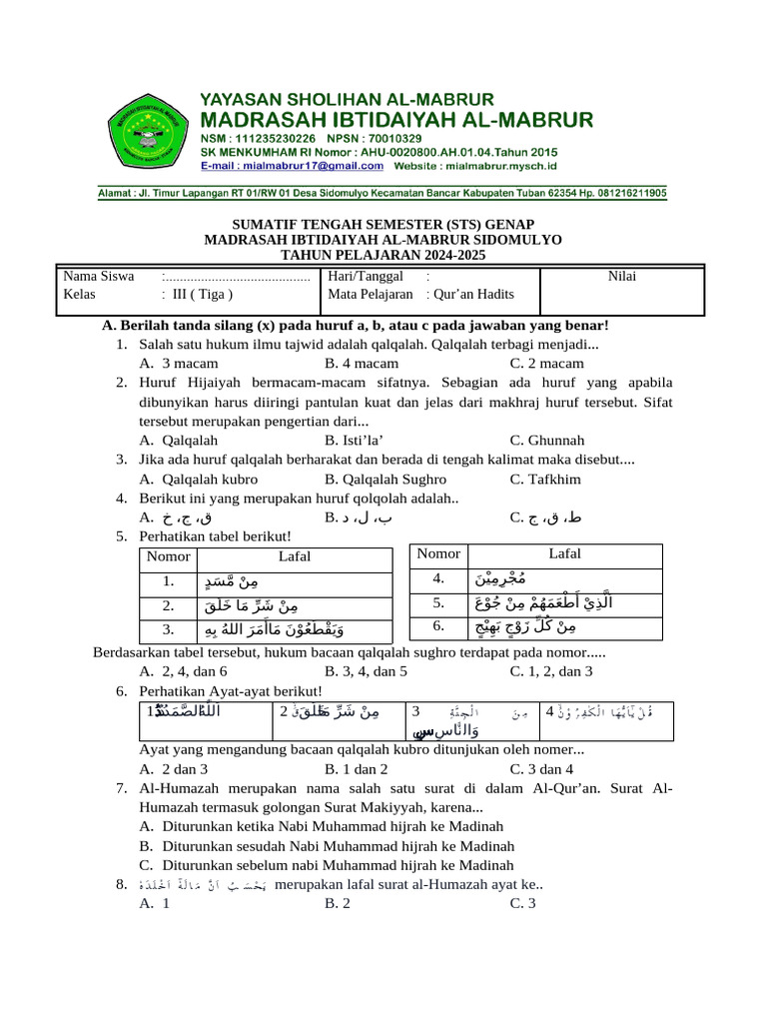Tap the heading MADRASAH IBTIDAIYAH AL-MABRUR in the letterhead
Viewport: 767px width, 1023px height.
pos(397,119)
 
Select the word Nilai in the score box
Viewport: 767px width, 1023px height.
pos(622,276)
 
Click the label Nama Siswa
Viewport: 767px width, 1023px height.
pos(99,276)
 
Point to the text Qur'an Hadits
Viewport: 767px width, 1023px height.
pos(473,295)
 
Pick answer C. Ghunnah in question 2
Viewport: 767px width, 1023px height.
pos(546,440)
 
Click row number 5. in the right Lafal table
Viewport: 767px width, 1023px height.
pos(437,603)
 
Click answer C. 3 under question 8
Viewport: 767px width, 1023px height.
pos(523,903)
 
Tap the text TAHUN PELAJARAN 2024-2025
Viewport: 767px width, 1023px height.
pos(383,256)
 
